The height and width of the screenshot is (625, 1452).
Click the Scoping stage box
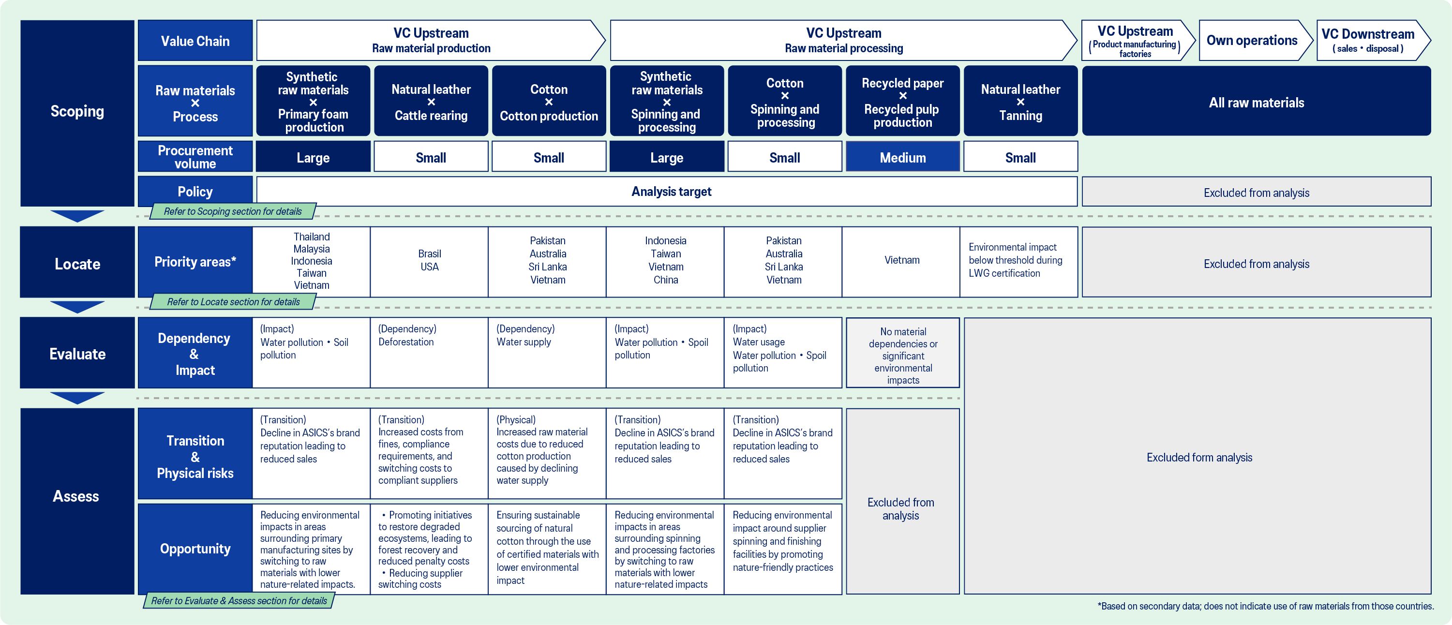click(77, 113)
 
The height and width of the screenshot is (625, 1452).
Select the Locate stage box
click(77, 263)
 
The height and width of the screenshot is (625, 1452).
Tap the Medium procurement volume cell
click(902, 157)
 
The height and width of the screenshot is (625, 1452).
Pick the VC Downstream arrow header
click(1369, 41)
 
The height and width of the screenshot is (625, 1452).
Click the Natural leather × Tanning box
click(1020, 102)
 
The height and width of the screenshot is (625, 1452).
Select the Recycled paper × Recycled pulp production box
click(902, 102)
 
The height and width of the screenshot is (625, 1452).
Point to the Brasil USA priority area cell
click(430, 261)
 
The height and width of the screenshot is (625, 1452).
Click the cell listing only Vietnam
click(901, 261)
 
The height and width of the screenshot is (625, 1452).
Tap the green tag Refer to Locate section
click(233, 302)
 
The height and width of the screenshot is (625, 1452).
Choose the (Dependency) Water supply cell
click(547, 352)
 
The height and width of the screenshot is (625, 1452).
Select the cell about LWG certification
click(1018, 261)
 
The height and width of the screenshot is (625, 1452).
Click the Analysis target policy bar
click(671, 192)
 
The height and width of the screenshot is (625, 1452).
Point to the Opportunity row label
click(195, 549)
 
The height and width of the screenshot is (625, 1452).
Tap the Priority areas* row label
click(195, 262)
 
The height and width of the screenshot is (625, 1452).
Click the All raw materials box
click(1256, 102)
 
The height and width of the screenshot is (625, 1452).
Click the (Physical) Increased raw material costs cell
click(547, 453)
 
